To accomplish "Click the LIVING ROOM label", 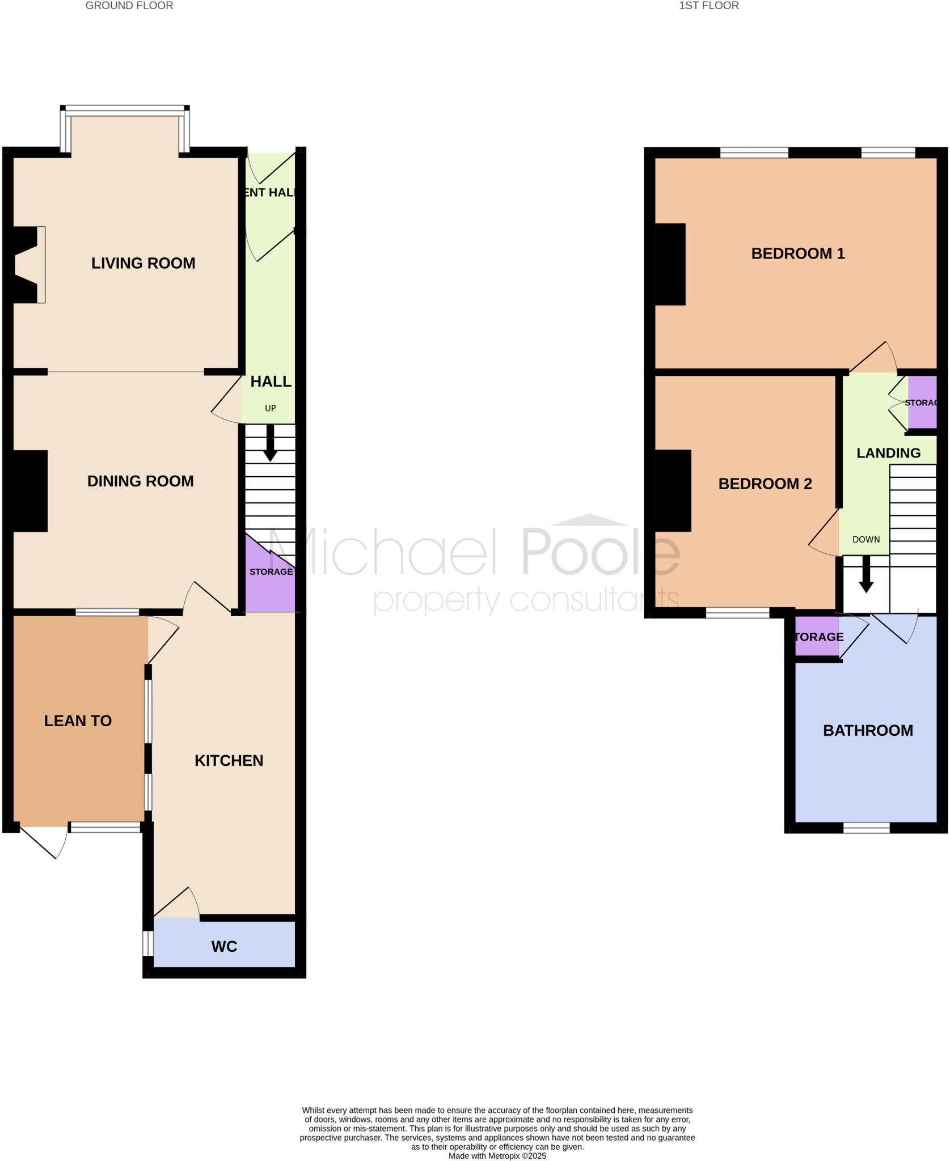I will pyautogui.click(x=143, y=263).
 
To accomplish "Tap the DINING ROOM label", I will pyautogui.click(x=140, y=481).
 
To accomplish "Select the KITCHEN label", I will pyautogui.click(x=229, y=761).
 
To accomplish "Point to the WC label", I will pyautogui.click(x=224, y=946).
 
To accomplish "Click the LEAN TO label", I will pyautogui.click(x=78, y=721).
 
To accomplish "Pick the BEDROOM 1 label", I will pyautogui.click(x=797, y=253).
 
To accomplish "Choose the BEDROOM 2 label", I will pyautogui.click(x=765, y=484).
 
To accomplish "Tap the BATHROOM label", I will pyautogui.click(x=868, y=731).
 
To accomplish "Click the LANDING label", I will pyautogui.click(x=888, y=453).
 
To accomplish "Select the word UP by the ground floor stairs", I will pyautogui.click(x=271, y=408).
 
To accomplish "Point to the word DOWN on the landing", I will pyautogui.click(x=866, y=539).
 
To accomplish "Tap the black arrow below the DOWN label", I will pyautogui.click(x=866, y=575).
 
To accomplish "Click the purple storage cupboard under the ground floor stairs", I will pyautogui.click(x=271, y=584).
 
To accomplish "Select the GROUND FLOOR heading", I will pyautogui.click(x=129, y=6).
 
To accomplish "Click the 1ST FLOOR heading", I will pyautogui.click(x=708, y=6).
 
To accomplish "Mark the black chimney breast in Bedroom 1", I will pyautogui.click(x=670, y=264).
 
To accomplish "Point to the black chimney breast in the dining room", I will pyautogui.click(x=30, y=491).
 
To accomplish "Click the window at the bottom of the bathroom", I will pyautogui.click(x=866, y=828).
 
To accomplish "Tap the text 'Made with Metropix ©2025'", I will pyautogui.click(x=497, y=1155).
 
